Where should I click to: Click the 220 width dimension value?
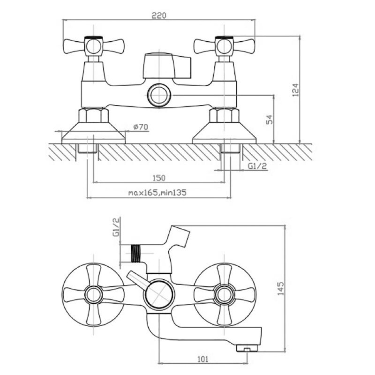pyautogui.click(x=159, y=15)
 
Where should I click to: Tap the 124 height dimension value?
pyautogui.click(x=296, y=90)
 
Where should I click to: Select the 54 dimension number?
pyautogui.click(x=270, y=120)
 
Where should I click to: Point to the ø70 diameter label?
pyautogui.click(x=141, y=127)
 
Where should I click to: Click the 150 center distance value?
pyautogui.click(x=159, y=178)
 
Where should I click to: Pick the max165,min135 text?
pyautogui.click(x=157, y=193)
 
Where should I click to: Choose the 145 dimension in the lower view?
pyautogui.click(x=281, y=288)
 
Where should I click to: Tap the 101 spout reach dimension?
pyautogui.click(x=203, y=359)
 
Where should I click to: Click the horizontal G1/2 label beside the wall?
pyautogui.click(x=257, y=166)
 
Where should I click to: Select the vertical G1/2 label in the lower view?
pyautogui.click(x=116, y=227)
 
